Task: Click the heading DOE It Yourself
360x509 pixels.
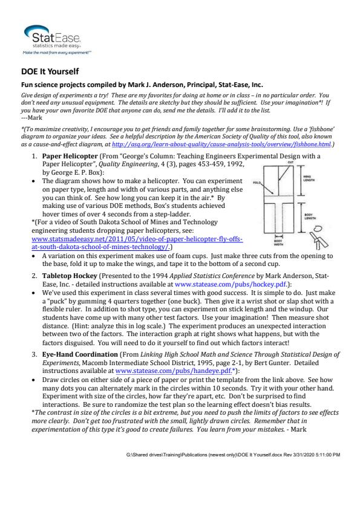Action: coord(50,71)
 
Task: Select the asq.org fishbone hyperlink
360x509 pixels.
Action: coord(221,144)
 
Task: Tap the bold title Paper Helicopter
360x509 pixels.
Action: coord(70,156)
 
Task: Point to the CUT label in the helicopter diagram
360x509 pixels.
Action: coord(291,162)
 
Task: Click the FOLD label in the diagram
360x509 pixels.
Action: coord(257,183)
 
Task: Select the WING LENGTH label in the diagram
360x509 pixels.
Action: coord(309,178)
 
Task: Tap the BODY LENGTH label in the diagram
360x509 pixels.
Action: coord(310,216)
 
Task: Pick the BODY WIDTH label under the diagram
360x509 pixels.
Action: coord(278,243)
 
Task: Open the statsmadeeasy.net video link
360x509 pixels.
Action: coord(137,243)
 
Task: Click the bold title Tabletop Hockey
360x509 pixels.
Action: coord(70,276)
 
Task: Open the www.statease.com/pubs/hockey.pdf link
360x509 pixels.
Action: coord(231,284)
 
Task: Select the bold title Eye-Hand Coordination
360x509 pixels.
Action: coord(80,354)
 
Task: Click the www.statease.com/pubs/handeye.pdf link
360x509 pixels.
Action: coord(174,371)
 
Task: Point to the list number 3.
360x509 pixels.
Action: coord(34,354)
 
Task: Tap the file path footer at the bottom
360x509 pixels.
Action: coord(233,455)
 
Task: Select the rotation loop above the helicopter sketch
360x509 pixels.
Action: coord(318,229)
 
